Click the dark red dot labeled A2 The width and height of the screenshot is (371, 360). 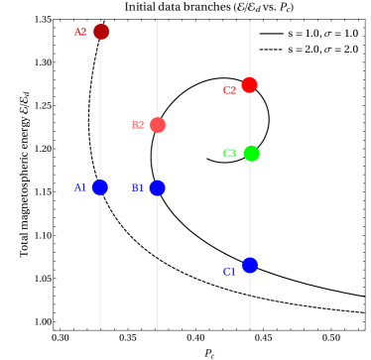tap(101, 32)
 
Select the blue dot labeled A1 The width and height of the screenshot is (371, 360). tap(100, 187)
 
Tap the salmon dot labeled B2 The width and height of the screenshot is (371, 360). tap(158, 125)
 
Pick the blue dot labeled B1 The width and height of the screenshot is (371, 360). tap(158, 187)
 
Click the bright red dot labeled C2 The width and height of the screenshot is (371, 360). tap(249, 85)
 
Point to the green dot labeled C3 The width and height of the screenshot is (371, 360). tap(251, 154)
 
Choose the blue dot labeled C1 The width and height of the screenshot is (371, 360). tap(250, 265)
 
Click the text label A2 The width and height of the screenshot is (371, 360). tap(80, 32)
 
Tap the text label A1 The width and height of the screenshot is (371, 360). tap(80, 188)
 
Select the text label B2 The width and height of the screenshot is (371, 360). tap(138, 125)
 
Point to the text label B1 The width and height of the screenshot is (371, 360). tap(138, 188)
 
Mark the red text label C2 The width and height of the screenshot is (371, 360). tap(229, 90)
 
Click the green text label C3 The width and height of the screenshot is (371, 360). tap(229, 154)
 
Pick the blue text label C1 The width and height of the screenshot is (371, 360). tap(229, 272)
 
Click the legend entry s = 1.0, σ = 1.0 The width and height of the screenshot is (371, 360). tap(323, 34)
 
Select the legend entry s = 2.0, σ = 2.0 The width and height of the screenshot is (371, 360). tap(323, 50)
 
